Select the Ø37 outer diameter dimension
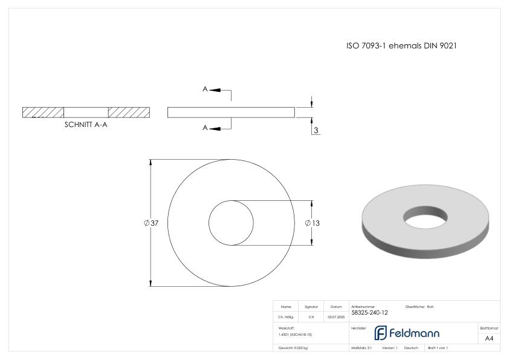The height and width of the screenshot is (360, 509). click(x=151, y=223)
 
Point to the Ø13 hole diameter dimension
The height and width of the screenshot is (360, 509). click(x=313, y=223)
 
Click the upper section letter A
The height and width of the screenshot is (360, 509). click(x=206, y=89)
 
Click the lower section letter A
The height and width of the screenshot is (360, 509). click(x=206, y=128)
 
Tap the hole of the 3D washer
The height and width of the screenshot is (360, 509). click(x=427, y=214)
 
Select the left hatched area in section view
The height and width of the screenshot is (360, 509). click(x=43, y=113)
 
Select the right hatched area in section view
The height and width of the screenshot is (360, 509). click(x=129, y=113)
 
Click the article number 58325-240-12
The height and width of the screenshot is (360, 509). click(x=369, y=313)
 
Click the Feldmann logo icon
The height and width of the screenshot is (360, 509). click(x=381, y=333)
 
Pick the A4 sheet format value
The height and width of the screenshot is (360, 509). click(x=489, y=338)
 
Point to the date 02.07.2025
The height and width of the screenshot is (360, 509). click(x=336, y=316)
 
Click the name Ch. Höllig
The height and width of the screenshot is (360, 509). click(x=286, y=316)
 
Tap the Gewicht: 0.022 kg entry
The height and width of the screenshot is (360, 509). click(x=293, y=348)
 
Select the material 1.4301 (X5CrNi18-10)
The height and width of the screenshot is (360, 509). click(x=295, y=334)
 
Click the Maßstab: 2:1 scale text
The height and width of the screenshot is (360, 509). click(x=361, y=348)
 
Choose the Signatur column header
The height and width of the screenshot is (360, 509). click(x=311, y=307)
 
